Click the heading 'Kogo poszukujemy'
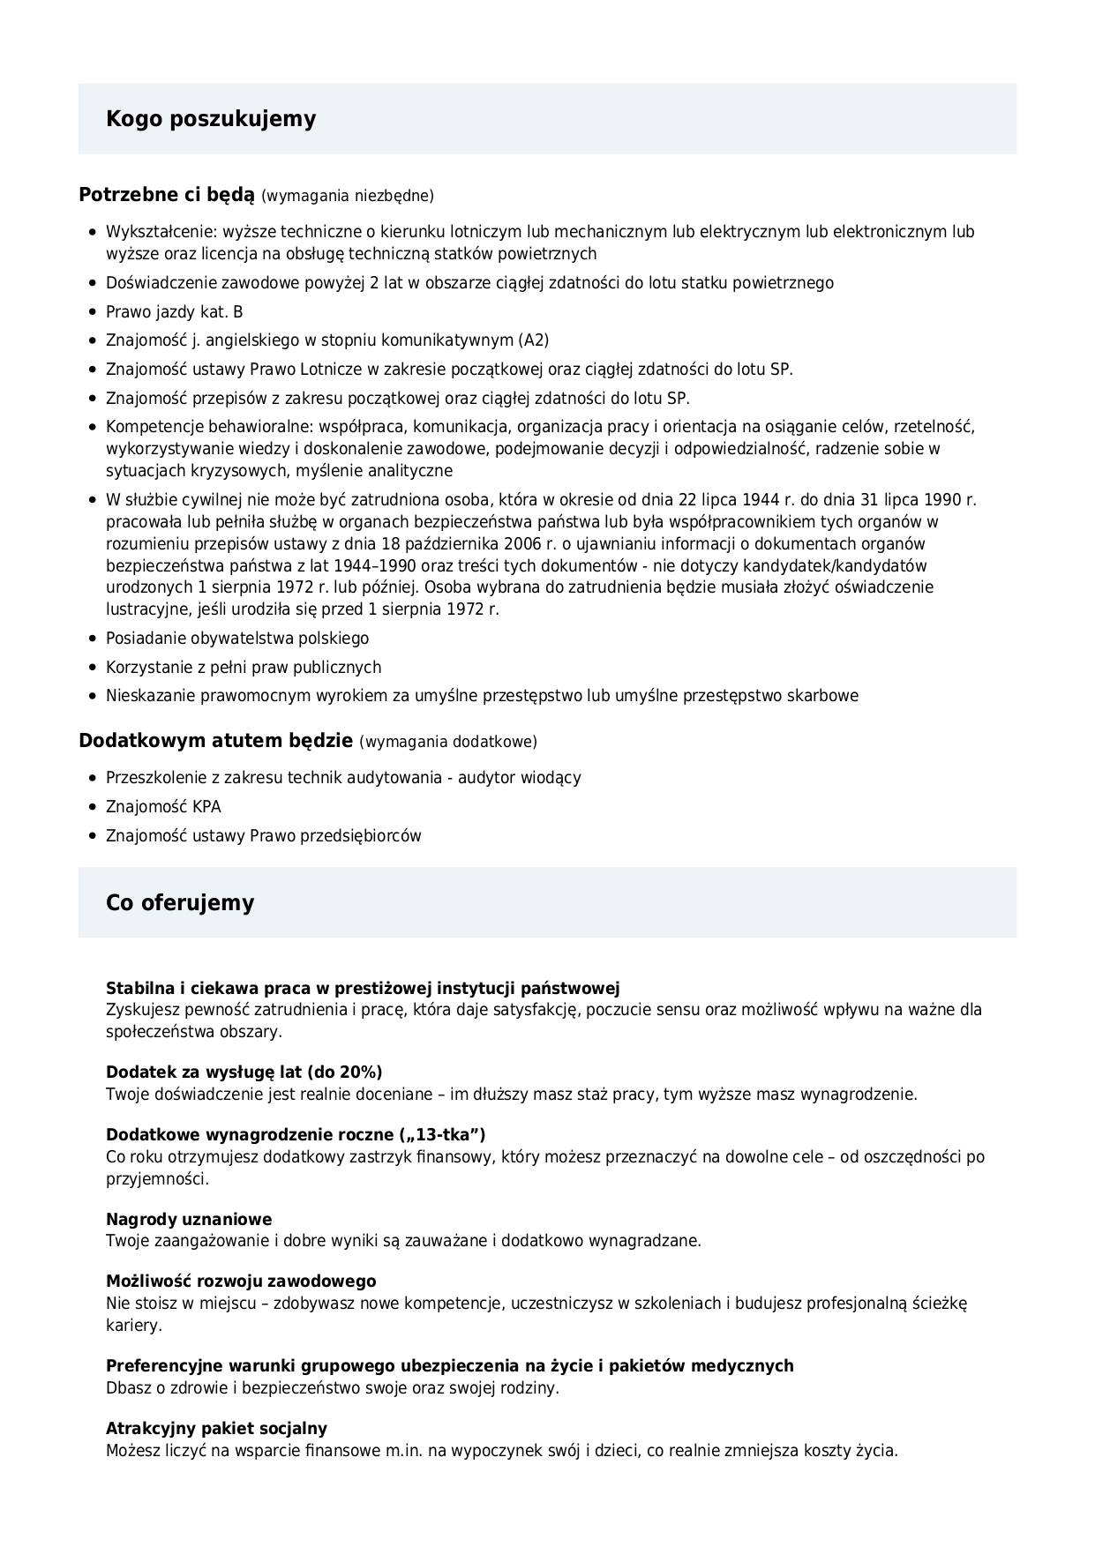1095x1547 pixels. [211, 119]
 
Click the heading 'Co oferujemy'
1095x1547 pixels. [180, 902]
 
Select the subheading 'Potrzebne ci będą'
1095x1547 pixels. [166, 194]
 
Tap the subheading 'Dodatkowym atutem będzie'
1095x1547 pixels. [215, 740]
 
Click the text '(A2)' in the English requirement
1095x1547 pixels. [534, 340]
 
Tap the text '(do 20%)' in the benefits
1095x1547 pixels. [344, 1072]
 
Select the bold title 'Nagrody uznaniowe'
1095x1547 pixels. [189, 1219]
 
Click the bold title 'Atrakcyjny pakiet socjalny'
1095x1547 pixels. [216, 1428]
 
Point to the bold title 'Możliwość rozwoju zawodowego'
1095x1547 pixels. [241, 1281]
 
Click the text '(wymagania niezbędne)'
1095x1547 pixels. [348, 196]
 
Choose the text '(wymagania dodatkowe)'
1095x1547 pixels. [448, 742]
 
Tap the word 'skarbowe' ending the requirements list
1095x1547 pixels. [824, 696]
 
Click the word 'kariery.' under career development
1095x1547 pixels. [134, 1325]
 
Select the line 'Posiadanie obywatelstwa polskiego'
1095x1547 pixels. [237, 638]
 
